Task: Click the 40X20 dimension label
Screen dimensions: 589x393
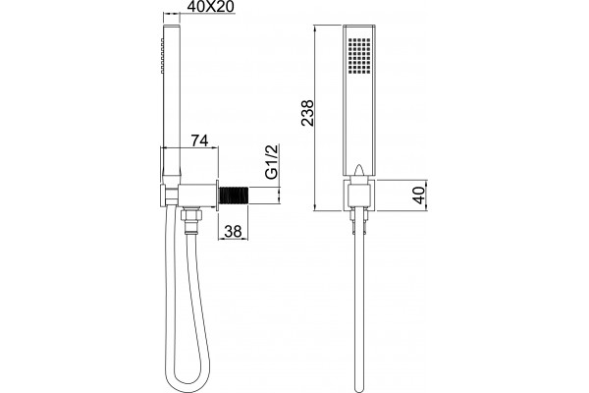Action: click(210, 7)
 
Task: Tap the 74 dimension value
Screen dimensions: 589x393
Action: click(199, 140)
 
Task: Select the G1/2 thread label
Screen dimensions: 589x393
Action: click(272, 162)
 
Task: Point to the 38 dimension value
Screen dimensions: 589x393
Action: click(233, 231)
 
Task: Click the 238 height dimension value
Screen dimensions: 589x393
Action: click(307, 113)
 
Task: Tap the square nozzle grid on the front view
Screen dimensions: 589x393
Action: click(359, 55)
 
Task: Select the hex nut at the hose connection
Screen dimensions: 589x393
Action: click(191, 215)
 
